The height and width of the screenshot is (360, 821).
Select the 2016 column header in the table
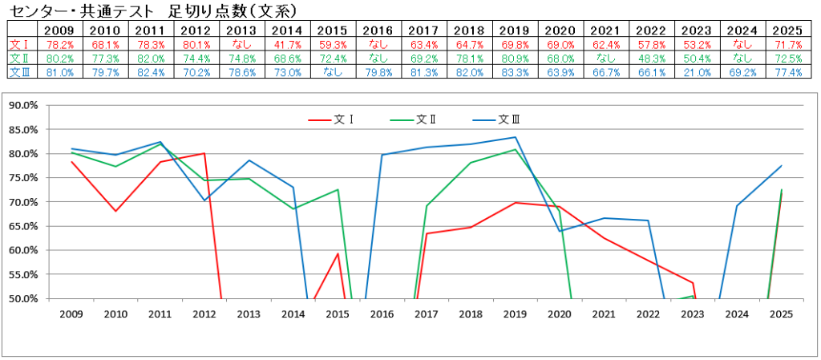381,30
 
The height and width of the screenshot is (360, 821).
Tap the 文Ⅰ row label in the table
18,44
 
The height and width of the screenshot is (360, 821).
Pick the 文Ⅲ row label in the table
18,72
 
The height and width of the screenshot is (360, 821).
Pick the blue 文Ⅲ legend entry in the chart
509,119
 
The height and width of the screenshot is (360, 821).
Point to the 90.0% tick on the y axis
25,105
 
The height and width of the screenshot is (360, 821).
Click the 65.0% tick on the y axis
25,226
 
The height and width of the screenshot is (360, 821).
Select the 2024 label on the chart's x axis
737,314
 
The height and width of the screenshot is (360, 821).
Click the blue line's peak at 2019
515,137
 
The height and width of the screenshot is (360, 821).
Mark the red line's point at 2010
115,211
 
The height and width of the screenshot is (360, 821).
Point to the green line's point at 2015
338,190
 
